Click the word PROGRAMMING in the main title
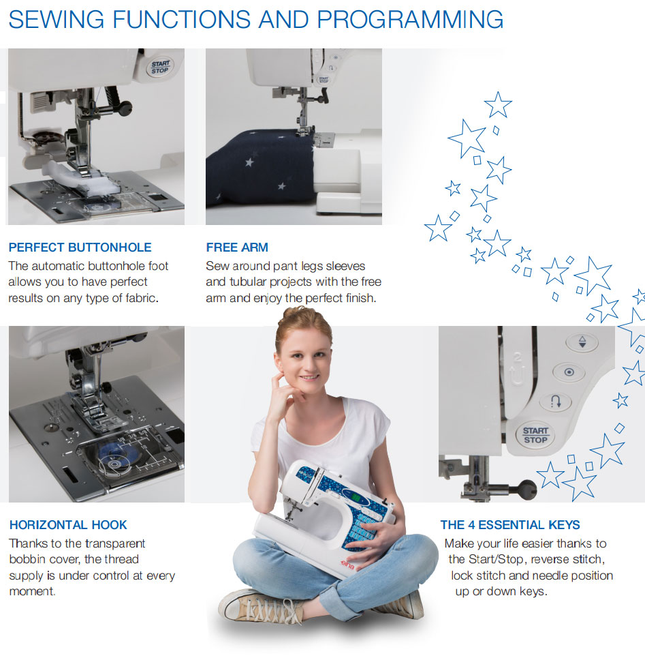point(410,19)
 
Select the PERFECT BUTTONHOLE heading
point(80,248)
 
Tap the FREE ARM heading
point(237,248)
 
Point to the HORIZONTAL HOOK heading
point(68,525)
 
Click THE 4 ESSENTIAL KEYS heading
point(510,525)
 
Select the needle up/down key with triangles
point(582,342)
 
